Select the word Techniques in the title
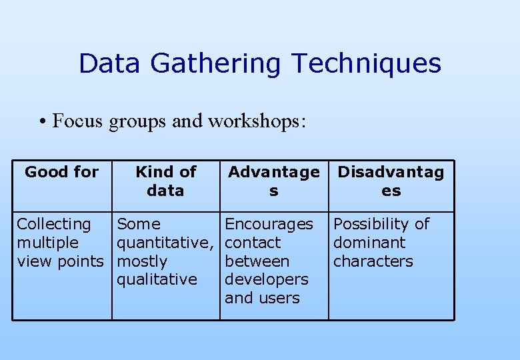coord(366,64)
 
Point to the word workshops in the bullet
coord(256,121)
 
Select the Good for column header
coord(61,172)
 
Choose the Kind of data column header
coord(165,181)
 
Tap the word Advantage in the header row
coord(273,172)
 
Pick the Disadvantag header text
coord(391,172)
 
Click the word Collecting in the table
coord(54,225)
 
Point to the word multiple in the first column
coord(47,243)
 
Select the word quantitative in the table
coord(164,243)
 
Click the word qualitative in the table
coord(157,279)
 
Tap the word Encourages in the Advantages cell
coord(269,224)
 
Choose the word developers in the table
coord(266,279)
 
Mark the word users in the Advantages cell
coord(281,298)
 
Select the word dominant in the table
coord(369,243)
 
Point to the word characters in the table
coord(373,261)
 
